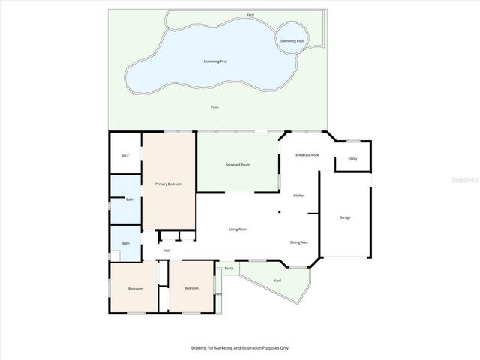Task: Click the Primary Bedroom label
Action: tap(168, 184)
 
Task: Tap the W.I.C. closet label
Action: tap(126, 156)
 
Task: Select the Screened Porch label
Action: tap(238, 165)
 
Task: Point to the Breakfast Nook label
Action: tap(307, 154)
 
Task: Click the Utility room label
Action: tap(352, 159)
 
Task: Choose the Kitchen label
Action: tap(298, 196)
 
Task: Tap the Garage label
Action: tap(345, 217)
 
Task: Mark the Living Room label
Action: tap(238, 229)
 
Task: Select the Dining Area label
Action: tap(299, 241)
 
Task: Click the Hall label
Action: tap(167, 250)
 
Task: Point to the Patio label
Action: tap(214, 107)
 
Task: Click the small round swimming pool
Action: tap(292, 41)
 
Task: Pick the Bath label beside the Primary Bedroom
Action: tap(129, 199)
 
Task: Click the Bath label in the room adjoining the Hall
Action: tap(126, 243)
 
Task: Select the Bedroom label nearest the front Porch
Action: tap(191, 288)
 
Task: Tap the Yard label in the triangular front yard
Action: tap(277, 280)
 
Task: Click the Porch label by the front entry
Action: tap(229, 268)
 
